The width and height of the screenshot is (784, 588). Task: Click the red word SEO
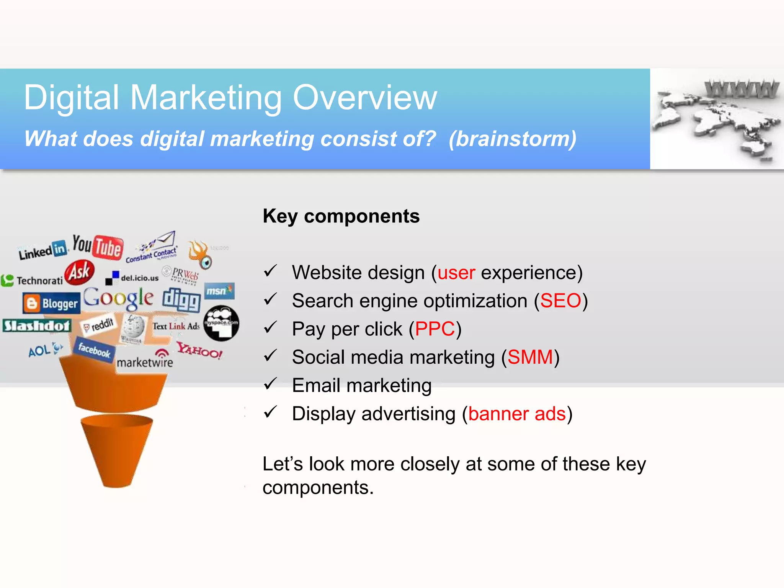pyautogui.click(x=560, y=301)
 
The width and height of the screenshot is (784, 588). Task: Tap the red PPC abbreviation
pyautogui.click(x=435, y=329)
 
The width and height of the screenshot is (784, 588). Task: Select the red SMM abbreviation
pyautogui.click(x=530, y=358)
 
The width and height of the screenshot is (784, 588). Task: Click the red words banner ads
pyautogui.click(x=517, y=414)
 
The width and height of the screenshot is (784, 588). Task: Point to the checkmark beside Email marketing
pyautogui.click(x=270, y=384)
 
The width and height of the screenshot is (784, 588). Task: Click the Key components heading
pyautogui.click(x=341, y=216)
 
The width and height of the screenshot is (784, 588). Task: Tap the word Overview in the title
pyautogui.click(x=364, y=98)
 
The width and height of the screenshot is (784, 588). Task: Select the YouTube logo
pyautogui.click(x=98, y=247)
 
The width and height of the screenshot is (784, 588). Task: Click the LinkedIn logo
pyautogui.click(x=43, y=250)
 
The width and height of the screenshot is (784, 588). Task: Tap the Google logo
pyautogui.click(x=119, y=298)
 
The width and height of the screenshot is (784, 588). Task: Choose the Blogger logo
pyautogui.click(x=52, y=303)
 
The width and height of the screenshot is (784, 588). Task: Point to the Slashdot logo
pyautogui.click(x=37, y=326)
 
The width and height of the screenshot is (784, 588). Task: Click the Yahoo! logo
pyautogui.click(x=199, y=350)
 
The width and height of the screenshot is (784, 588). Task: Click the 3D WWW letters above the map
pyautogui.click(x=742, y=89)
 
